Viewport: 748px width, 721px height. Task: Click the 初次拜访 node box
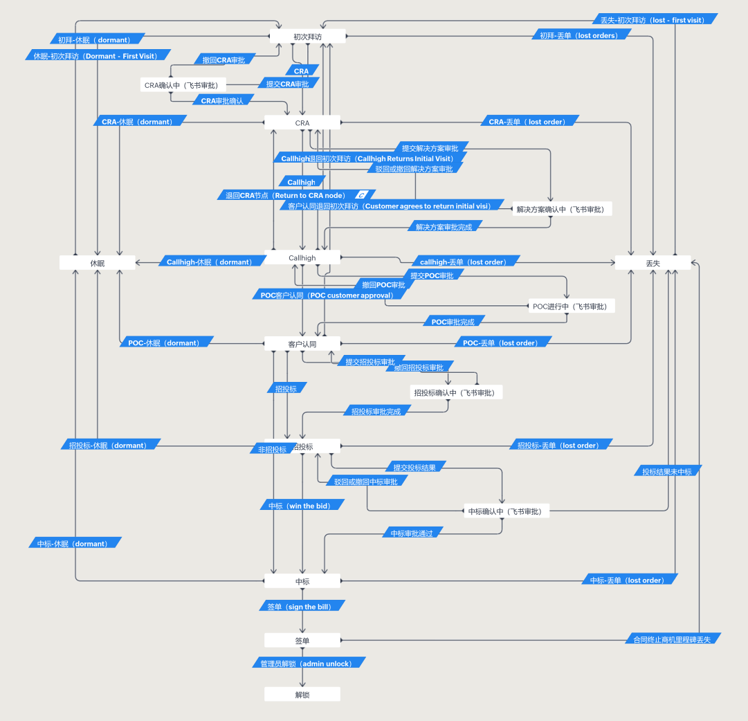pyautogui.click(x=307, y=36)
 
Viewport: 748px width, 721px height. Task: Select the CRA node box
pyautogui.click(x=302, y=122)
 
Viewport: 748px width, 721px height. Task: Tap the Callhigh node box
pyautogui.click(x=302, y=257)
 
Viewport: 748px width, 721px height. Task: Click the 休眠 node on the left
pyautogui.click(x=98, y=263)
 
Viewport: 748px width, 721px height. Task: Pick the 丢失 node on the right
pyautogui.click(x=653, y=263)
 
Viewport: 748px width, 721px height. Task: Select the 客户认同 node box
pyautogui.click(x=302, y=343)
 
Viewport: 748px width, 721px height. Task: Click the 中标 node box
pyautogui.click(x=302, y=581)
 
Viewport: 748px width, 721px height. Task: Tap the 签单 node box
pyautogui.click(x=302, y=640)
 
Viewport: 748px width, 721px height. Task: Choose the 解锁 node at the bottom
pyautogui.click(x=302, y=694)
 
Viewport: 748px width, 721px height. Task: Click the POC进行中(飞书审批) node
pyautogui.click(x=572, y=306)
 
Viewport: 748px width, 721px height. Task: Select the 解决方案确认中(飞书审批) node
pyautogui.click(x=563, y=209)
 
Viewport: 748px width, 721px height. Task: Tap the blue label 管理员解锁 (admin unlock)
pyautogui.click(x=307, y=663)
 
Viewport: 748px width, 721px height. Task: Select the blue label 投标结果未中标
pyautogui.click(x=668, y=471)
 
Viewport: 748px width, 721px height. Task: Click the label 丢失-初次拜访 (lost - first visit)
pyautogui.click(x=655, y=19)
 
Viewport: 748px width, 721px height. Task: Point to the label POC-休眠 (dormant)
pyautogui.click(x=164, y=343)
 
